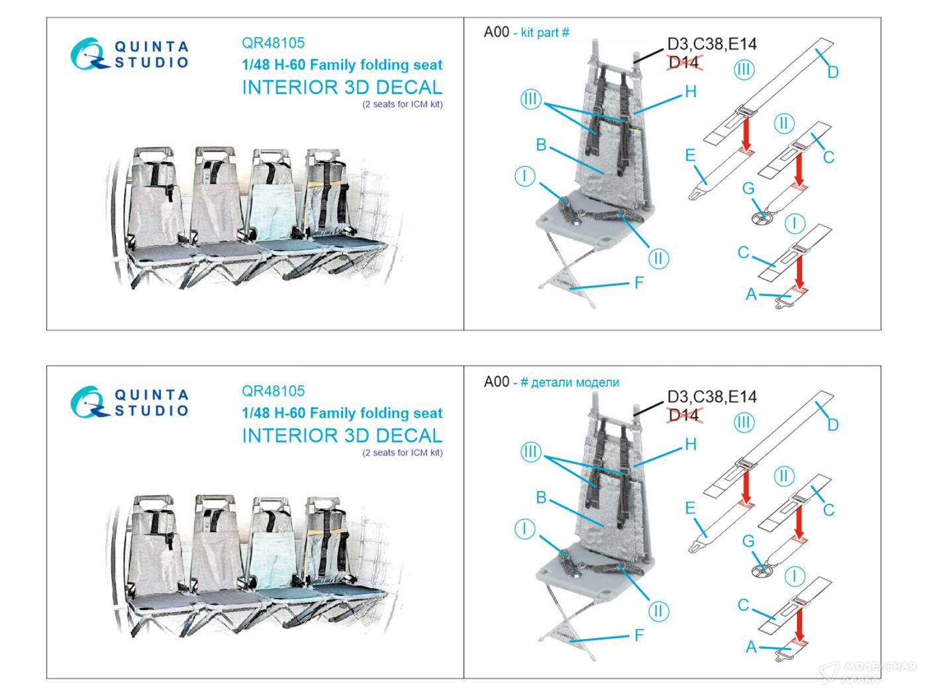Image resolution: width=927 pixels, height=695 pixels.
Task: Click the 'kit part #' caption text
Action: click(545, 32)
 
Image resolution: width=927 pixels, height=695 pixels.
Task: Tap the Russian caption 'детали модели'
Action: click(575, 383)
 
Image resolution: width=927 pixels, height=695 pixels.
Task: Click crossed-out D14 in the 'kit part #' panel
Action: click(684, 62)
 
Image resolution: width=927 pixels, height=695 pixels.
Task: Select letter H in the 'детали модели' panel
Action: click(691, 444)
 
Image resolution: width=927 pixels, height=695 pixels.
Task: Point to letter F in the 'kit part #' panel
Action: click(639, 283)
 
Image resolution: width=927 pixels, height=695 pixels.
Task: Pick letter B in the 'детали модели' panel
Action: click(541, 497)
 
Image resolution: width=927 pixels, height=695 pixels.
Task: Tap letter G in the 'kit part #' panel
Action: click(748, 188)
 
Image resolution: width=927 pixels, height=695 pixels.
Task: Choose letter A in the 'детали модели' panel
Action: click(751, 647)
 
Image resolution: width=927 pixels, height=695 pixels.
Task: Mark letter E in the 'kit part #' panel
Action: click(690, 156)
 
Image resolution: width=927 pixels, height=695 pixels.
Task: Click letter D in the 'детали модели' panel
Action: click(833, 424)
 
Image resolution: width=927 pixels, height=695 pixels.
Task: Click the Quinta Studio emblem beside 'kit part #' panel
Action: click(88, 54)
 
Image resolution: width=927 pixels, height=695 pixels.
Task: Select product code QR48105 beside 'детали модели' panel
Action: click(273, 391)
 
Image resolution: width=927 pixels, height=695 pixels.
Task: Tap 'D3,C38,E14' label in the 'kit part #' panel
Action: click(712, 44)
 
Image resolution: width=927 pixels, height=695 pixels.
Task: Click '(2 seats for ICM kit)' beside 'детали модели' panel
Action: click(403, 453)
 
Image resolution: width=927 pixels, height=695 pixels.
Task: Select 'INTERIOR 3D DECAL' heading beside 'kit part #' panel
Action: click(342, 87)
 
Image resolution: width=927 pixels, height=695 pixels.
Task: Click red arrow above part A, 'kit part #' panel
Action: click(799, 273)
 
